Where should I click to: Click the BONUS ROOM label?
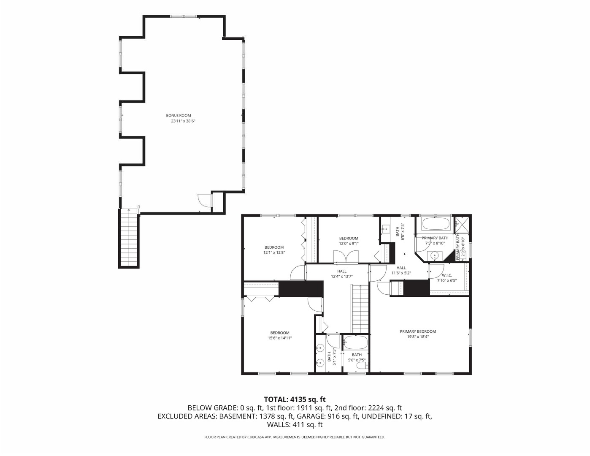[178, 115]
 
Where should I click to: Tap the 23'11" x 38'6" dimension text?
[183, 121]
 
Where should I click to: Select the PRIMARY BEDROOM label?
[417, 331]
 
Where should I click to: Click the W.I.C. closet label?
[447, 275]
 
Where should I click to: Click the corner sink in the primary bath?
[434, 255]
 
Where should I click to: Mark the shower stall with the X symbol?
[462, 225]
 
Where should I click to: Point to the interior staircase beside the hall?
[360, 308]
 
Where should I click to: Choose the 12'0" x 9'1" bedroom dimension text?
[349, 244]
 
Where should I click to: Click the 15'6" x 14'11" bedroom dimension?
[279, 338]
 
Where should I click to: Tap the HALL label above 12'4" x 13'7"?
[341, 271]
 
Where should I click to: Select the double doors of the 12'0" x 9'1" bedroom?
[346, 257]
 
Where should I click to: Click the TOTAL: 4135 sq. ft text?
[295, 399]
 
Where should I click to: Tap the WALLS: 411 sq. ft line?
[295, 425]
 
